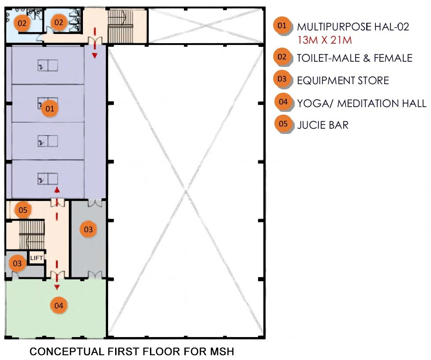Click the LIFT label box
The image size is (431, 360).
click(x=37, y=258)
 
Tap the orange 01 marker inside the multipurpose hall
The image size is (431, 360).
click(x=50, y=108)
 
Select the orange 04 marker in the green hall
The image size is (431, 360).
click(x=59, y=305)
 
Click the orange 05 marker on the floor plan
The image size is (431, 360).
click(x=23, y=210)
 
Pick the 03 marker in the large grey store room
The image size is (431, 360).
click(x=88, y=229)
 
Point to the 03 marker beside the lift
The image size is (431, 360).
click(x=17, y=264)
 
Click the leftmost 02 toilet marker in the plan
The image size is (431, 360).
click(x=22, y=23)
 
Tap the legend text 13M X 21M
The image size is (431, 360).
click(x=325, y=40)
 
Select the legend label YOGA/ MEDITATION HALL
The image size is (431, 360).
click(x=362, y=103)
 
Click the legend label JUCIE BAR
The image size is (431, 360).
click(x=323, y=125)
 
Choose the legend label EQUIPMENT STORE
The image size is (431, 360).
click(x=343, y=81)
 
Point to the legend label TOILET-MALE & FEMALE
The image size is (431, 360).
click(x=355, y=58)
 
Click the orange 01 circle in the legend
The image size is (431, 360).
click(x=282, y=26)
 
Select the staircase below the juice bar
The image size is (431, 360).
click(x=32, y=234)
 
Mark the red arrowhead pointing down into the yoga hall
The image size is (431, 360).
click(x=57, y=287)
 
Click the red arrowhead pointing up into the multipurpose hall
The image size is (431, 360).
click(x=57, y=190)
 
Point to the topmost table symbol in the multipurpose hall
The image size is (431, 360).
click(x=48, y=66)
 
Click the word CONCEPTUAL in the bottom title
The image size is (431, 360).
click(x=66, y=352)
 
